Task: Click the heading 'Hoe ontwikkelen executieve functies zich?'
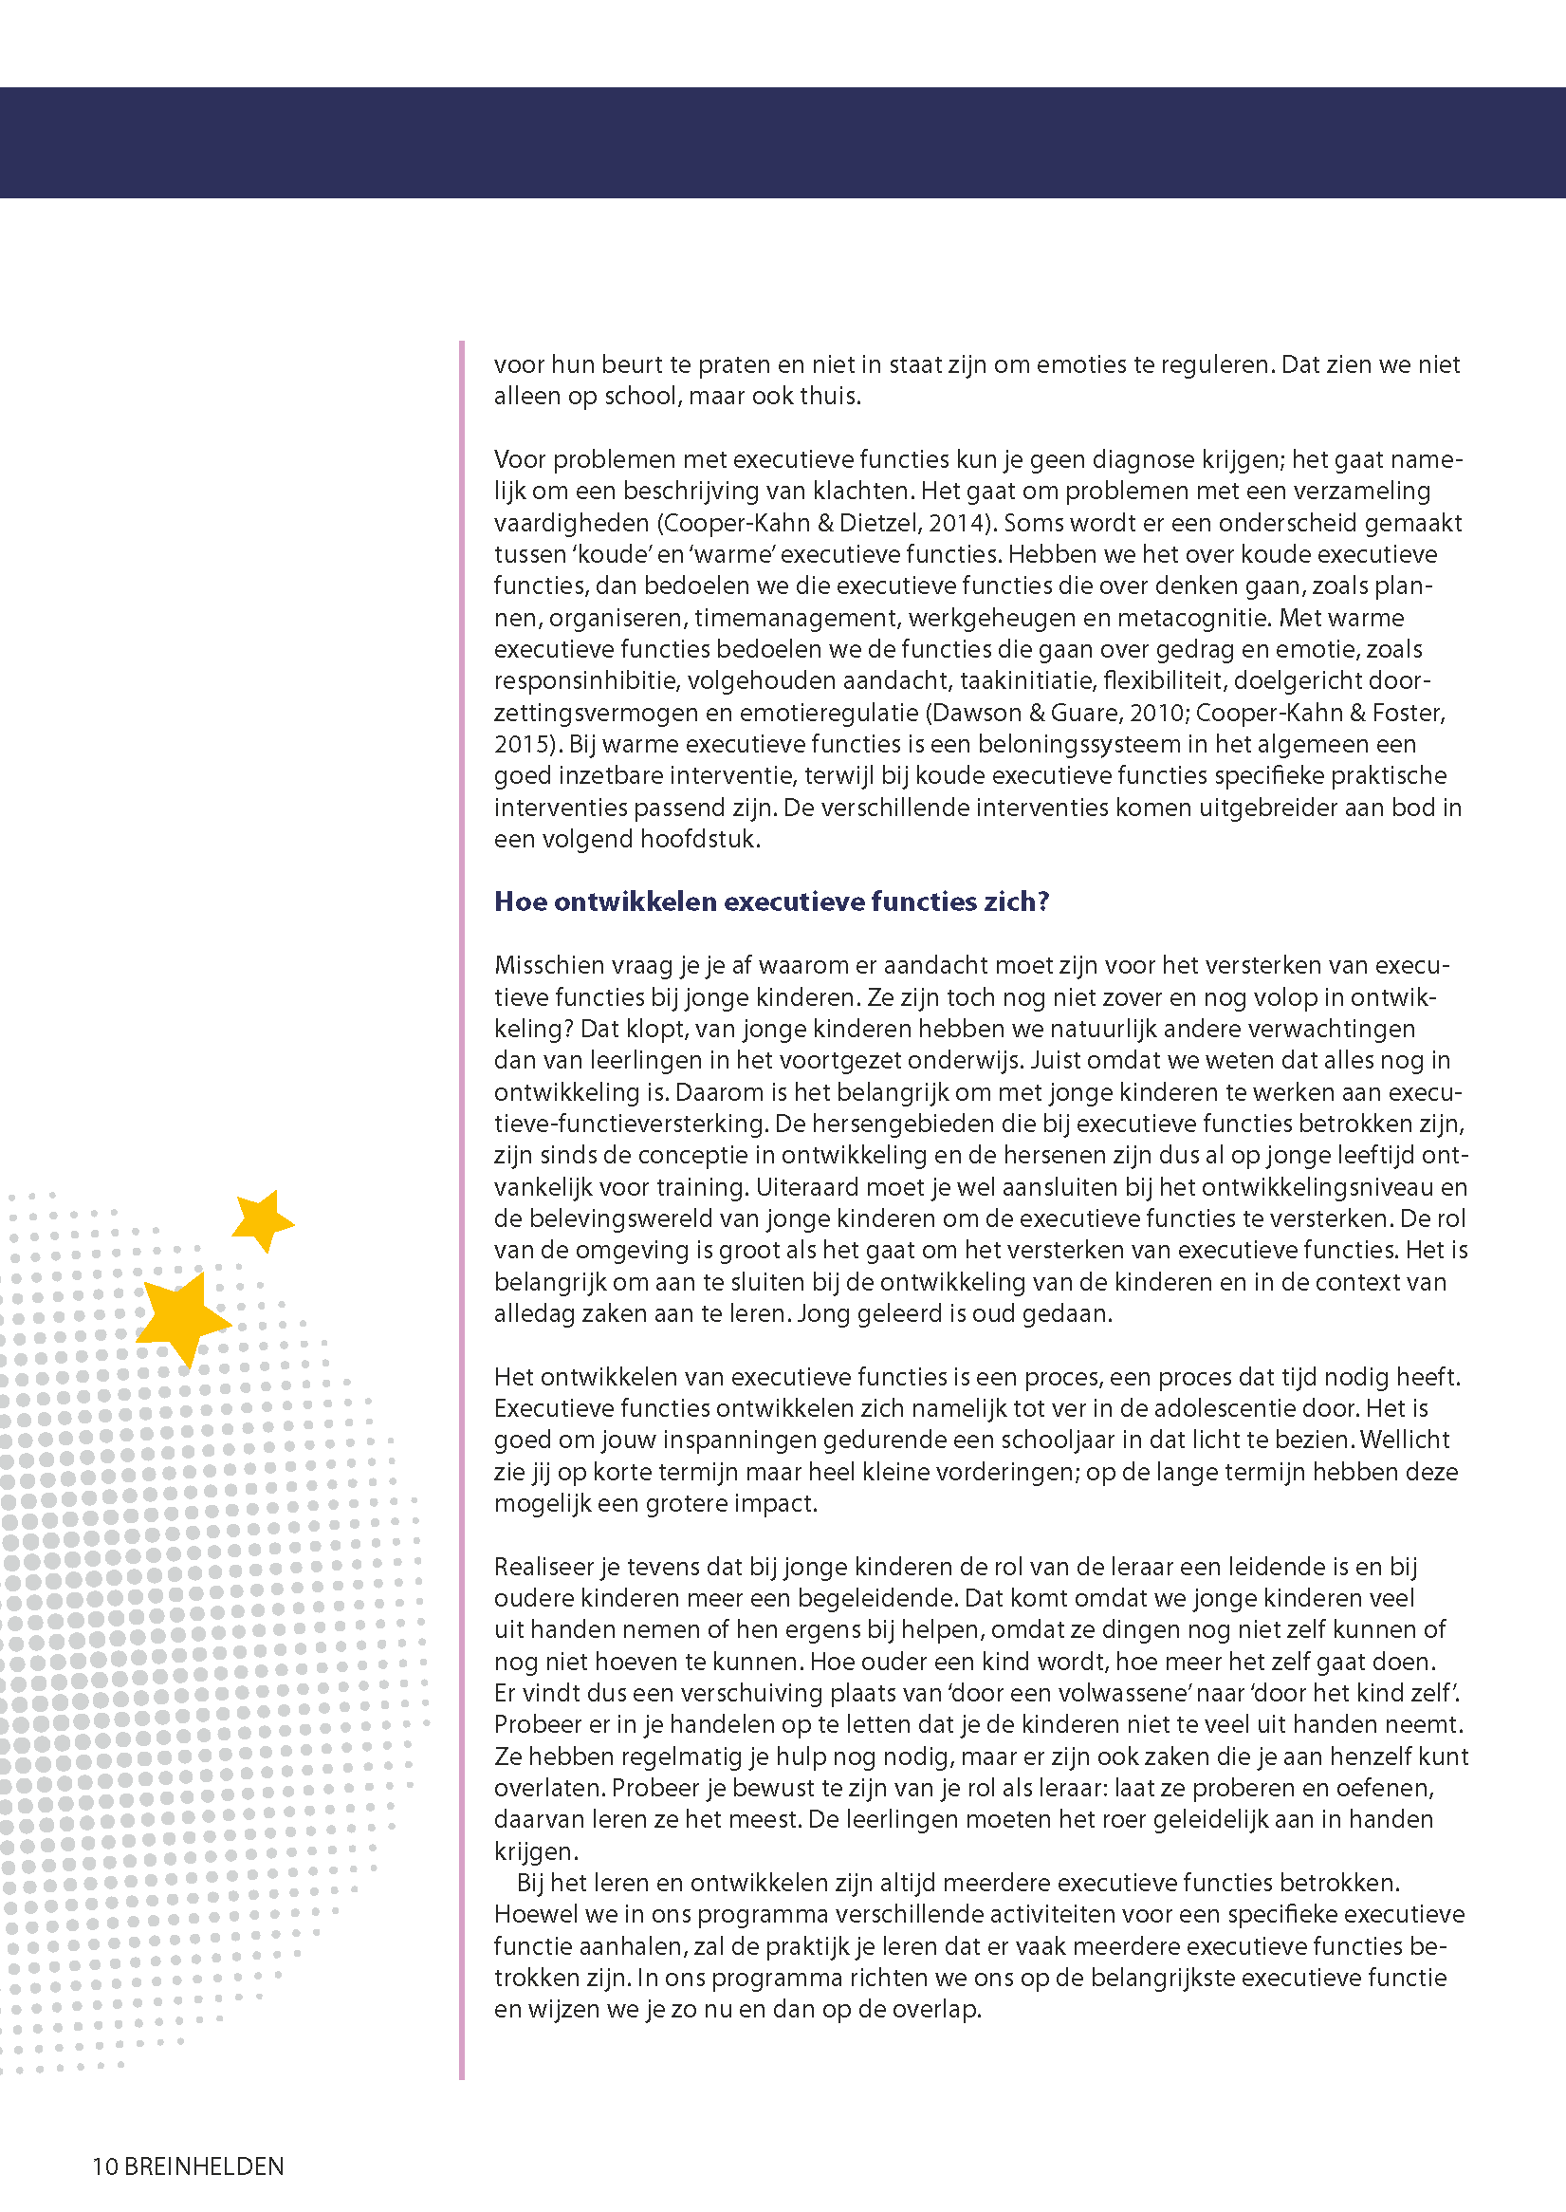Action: [x=770, y=901]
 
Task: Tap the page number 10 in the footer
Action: [x=104, y=2166]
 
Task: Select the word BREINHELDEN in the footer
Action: [x=205, y=2166]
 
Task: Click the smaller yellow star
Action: [x=263, y=1219]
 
